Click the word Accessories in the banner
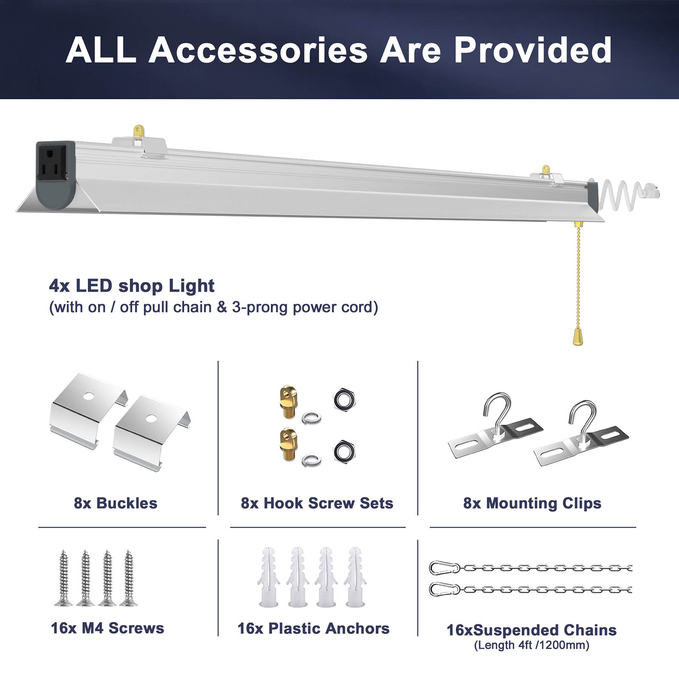coord(258,50)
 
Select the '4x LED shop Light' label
coord(132,286)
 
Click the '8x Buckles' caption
coord(115,503)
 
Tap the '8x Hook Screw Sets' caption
coord(317,503)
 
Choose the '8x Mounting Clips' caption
coord(532,503)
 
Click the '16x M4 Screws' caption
coord(107,628)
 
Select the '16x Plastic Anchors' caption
coord(314,628)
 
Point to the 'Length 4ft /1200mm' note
coord(532,645)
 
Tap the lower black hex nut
coord(344,451)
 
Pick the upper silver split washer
coord(311,418)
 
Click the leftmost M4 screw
coord(64,578)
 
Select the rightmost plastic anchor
coord(355,577)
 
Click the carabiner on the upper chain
coord(445,568)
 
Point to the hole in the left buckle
coord(88,397)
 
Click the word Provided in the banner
coord(533,50)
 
